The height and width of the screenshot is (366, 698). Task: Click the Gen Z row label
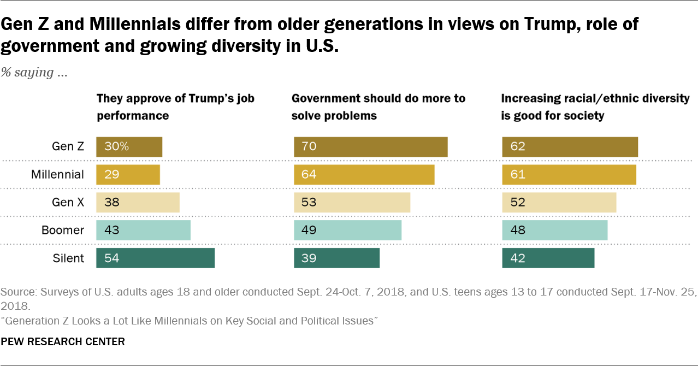click(68, 146)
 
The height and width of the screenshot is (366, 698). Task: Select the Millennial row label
click(57, 174)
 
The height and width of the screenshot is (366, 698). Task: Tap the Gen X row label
click(68, 202)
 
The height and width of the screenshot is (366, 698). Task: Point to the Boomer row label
click(63, 230)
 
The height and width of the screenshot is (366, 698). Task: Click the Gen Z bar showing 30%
click(129, 147)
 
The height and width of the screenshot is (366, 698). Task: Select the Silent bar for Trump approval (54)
click(155, 258)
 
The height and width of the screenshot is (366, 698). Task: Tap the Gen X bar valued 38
click(138, 202)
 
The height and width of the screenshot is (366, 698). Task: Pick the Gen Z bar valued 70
click(370, 147)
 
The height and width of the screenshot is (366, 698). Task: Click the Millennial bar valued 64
click(364, 174)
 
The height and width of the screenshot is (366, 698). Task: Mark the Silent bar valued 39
click(336, 258)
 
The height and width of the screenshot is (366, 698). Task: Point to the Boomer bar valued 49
click(347, 230)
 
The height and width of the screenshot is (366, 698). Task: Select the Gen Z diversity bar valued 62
click(570, 147)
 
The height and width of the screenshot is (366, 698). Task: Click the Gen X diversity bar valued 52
click(559, 202)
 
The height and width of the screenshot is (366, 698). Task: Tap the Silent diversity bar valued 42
click(548, 258)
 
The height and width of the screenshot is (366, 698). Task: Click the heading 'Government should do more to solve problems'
click(378, 107)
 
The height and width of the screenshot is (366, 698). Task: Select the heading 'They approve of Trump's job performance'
click(175, 107)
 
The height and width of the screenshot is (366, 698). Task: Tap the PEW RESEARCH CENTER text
click(63, 341)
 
